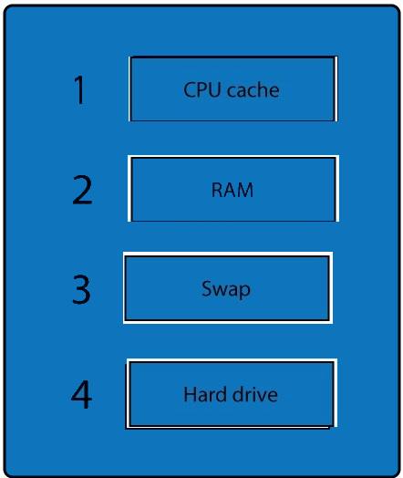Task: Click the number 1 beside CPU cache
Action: click(x=80, y=90)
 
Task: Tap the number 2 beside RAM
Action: click(x=82, y=190)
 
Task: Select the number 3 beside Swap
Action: click(x=81, y=289)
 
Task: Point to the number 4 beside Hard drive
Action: click(x=81, y=394)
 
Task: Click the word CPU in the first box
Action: click(x=202, y=89)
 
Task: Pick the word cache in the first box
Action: click(x=253, y=89)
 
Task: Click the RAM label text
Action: click(x=232, y=190)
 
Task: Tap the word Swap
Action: click(x=226, y=289)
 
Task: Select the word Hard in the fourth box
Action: click(x=206, y=394)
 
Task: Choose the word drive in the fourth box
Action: click(x=254, y=394)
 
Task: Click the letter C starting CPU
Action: click(x=189, y=89)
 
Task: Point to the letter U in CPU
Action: click(x=214, y=89)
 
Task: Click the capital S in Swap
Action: click(x=207, y=288)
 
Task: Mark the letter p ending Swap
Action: click(x=245, y=291)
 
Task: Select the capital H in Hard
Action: click(x=190, y=394)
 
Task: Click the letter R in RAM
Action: click(x=217, y=190)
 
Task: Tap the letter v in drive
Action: click(x=262, y=396)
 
